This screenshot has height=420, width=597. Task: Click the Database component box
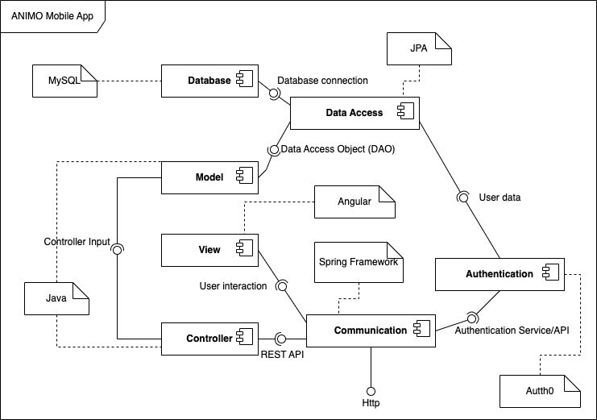point(209,81)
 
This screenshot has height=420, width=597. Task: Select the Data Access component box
point(354,113)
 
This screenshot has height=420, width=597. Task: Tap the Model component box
point(209,177)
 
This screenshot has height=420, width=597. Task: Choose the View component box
point(209,250)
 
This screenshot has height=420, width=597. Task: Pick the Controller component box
point(209,339)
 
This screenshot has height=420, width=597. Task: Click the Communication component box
point(371,331)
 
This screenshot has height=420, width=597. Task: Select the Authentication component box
point(499,274)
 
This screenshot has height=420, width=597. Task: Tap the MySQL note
point(64,81)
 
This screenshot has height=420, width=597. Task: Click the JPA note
point(418,48)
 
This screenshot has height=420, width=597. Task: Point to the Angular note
point(354,202)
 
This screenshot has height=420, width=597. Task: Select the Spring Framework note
point(359,262)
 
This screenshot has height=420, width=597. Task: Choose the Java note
point(56,298)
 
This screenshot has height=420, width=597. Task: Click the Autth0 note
point(540,391)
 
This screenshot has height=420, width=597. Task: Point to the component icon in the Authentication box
point(551,273)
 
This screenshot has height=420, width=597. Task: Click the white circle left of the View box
point(117,250)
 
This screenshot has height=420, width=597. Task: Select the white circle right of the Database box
point(273,93)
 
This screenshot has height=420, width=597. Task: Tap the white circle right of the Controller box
point(281,339)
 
